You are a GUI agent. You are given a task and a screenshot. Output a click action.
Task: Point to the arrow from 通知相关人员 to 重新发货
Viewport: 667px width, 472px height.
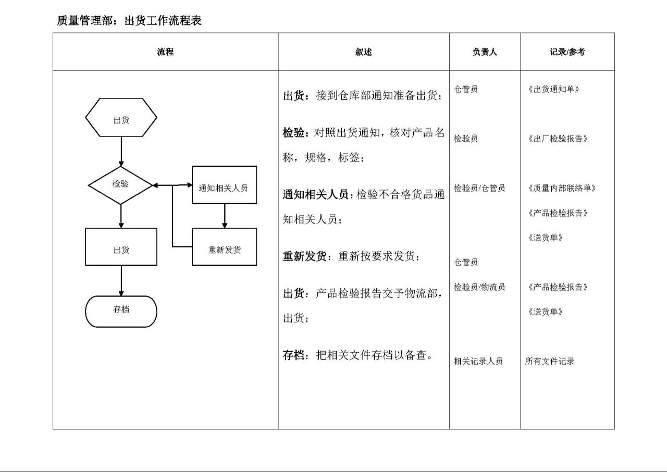225,216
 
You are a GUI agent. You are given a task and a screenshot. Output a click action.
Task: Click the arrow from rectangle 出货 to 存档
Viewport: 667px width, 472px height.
121,281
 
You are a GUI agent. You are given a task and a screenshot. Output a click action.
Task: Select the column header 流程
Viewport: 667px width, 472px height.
165,52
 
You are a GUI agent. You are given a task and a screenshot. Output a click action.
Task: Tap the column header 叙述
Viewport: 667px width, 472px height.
364,52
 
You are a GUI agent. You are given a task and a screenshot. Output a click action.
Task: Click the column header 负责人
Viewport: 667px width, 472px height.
485,52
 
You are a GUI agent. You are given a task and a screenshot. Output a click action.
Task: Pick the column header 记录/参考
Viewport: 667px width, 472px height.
567,52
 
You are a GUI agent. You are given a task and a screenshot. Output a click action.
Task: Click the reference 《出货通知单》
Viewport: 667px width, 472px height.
553,89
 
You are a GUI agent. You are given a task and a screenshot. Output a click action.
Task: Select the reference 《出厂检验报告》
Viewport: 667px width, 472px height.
558,139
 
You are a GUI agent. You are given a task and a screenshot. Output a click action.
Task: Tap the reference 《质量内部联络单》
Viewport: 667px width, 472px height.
562,188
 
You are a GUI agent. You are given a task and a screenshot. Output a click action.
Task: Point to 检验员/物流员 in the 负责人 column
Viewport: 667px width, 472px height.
479,287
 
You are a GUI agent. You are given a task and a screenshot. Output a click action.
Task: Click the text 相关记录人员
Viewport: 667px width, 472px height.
478,361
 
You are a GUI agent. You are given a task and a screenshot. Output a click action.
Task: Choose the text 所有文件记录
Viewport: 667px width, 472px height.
549,361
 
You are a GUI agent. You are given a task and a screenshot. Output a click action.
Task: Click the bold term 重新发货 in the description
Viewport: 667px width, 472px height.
305,256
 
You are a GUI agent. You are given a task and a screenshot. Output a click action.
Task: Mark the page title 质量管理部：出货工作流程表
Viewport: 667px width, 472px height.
130,20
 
